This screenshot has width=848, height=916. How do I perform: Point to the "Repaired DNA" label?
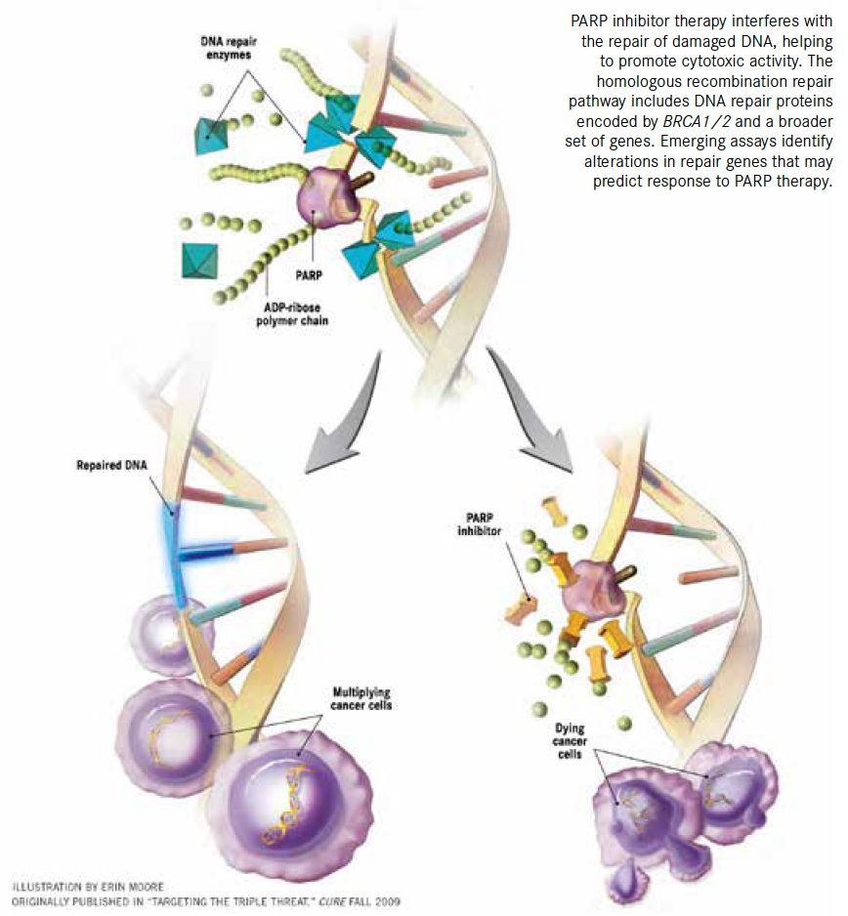[110, 465]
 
